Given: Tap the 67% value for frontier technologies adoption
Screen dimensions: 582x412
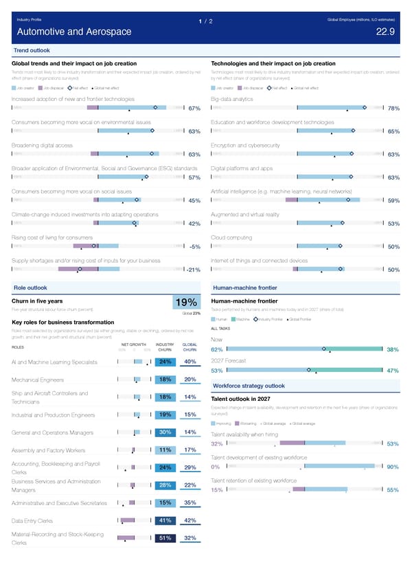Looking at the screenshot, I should [194, 108].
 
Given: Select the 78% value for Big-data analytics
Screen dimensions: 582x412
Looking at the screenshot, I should [393, 108].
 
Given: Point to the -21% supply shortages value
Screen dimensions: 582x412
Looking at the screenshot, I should [192, 270].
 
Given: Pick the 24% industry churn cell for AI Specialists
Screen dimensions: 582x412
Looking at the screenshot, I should [165, 362].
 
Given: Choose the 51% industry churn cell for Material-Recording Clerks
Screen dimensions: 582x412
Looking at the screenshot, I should [165, 538].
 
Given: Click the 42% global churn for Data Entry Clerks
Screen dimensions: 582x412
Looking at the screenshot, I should [191, 520].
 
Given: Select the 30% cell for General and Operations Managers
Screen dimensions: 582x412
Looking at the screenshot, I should [165, 432].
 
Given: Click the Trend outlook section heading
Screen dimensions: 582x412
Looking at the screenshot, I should [32, 51].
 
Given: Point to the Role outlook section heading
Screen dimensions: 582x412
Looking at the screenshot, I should [30, 287].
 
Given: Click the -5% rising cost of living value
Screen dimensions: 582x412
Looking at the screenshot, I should [194, 247].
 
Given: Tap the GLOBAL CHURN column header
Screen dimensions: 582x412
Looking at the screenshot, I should [190, 347].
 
